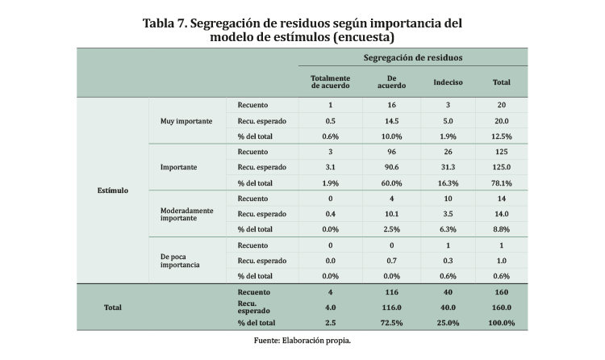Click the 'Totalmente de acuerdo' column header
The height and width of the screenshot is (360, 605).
click(330, 82)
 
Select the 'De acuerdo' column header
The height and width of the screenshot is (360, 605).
click(391, 82)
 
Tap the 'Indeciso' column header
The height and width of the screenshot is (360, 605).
click(448, 82)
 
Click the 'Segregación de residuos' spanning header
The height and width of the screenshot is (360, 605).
click(413, 58)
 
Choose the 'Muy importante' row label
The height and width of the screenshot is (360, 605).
click(186, 120)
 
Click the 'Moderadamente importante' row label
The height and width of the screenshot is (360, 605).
click(186, 214)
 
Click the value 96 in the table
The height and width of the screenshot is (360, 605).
click(391, 152)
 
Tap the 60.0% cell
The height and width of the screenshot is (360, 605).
click(391, 182)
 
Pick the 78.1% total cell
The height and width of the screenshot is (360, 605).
click(501, 182)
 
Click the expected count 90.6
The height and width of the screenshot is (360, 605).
click(391, 167)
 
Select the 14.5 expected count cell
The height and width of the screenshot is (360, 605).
click(391, 120)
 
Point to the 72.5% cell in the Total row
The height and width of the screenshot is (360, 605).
click(391, 323)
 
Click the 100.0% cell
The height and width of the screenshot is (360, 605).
click(501, 323)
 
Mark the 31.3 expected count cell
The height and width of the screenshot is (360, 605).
click(448, 167)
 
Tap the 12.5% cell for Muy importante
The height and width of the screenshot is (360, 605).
click(501, 136)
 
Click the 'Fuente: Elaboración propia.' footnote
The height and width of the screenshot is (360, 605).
click(302, 341)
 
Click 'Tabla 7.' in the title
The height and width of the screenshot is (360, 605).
click(165, 22)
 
